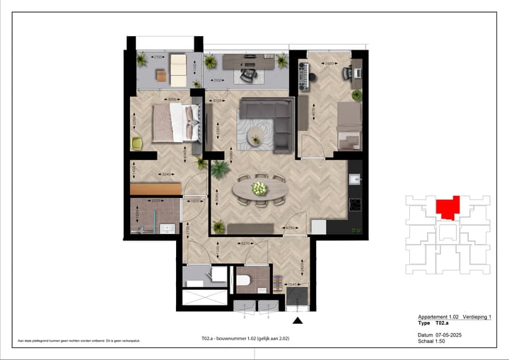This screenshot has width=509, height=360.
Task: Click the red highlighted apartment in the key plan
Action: [x=447, y=208]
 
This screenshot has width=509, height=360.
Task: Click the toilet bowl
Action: [x=244, y=281]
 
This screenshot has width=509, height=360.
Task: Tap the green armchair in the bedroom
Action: [x=137, y=144]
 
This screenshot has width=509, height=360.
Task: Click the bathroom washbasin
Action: [x=168, y=228]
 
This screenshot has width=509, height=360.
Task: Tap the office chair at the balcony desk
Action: [x=250, y=73]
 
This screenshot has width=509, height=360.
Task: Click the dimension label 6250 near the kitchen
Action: [x=290, y=228]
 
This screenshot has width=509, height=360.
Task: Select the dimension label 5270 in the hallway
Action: [x=245, y=243]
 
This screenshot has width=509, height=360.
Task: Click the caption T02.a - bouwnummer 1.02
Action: [x=245, y=338]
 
